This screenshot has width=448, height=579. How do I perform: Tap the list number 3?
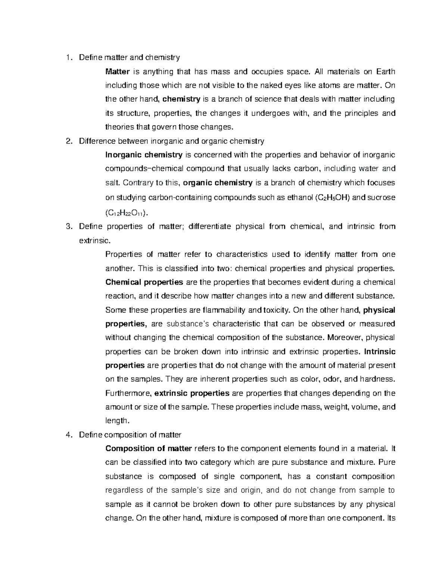pyautogui.click(x=68, y=227)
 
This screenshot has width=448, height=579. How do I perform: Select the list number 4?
pyautogui.click(x=68, y=435)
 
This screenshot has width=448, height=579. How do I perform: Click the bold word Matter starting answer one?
pyautogui.click(x=118, y=72)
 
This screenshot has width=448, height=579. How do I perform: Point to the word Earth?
pyautogui.click(x=385, y=72)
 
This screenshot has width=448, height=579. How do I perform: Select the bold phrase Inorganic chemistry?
pyautogui.click(x=144, y=155)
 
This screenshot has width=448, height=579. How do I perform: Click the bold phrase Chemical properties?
pyautogui.click(x=144, y=282)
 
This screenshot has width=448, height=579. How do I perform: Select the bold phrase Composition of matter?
pyautogui.click(x=149, y=449)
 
